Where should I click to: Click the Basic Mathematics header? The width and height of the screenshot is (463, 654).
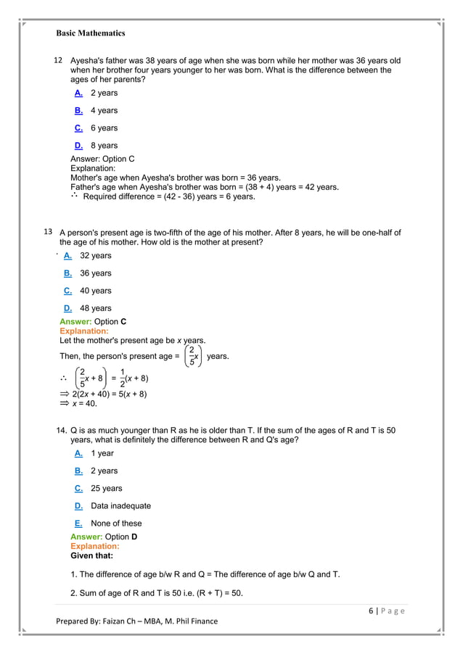(91, 33)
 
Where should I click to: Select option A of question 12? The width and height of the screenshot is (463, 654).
(78, 93)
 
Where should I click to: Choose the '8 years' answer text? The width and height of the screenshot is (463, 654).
(104, 145)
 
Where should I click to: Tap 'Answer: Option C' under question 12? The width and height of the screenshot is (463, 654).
(102, 159)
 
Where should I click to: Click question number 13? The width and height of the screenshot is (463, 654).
(49, 232)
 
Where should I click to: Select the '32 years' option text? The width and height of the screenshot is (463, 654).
(95, 255)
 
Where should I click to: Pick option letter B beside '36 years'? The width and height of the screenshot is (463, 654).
(67, 273)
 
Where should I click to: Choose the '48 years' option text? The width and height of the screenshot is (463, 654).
(95, 308)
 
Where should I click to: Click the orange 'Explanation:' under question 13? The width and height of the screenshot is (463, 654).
(83, 331)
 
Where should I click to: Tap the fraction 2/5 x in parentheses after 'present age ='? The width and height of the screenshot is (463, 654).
(192, 357)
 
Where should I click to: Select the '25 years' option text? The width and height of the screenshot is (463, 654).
(106, 488)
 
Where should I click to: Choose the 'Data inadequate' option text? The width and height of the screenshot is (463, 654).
(120, 505)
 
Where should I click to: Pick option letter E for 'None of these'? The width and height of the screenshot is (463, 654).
(78, 523)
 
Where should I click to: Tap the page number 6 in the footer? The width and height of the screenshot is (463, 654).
(370, 610)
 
